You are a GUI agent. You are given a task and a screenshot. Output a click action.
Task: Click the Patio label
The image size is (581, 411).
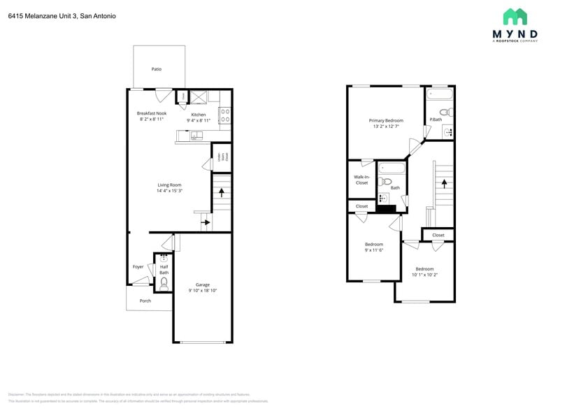[157, 69]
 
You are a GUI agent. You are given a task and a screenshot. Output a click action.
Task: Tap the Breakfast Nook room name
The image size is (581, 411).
[152, 113]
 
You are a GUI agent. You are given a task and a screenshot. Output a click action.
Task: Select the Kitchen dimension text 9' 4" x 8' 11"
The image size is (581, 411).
[199, 120]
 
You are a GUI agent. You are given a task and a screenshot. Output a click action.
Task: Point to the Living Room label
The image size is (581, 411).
[169, 185]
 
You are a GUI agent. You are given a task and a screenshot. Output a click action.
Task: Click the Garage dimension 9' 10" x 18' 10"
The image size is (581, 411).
[203, 290]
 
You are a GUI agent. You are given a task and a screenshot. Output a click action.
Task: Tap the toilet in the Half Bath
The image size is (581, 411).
[164, 283]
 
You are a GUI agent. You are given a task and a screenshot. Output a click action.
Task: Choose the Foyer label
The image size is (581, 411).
[138, 267]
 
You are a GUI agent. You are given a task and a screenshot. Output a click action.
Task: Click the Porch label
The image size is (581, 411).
[145, 301]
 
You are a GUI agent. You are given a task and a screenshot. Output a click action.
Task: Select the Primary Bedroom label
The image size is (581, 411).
[386, 120]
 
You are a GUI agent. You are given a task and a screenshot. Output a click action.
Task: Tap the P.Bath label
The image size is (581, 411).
[436, 120]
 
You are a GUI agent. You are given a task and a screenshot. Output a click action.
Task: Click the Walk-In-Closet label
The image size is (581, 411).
[361, 180]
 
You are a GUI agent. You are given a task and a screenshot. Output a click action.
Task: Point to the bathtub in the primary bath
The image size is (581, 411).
[440, 94]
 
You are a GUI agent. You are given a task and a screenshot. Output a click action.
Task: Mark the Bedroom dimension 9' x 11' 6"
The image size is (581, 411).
[374, 250]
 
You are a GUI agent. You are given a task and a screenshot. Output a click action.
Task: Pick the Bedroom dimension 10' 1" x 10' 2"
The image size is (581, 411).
[424, 275]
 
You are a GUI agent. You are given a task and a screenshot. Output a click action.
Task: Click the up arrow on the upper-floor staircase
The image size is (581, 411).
[443, 180]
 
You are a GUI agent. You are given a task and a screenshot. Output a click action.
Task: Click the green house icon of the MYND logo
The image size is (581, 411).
[515, 17]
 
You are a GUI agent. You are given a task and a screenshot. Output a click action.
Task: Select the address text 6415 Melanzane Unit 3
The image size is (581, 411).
[42, 15]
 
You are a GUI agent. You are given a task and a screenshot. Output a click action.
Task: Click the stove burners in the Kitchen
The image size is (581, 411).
[225, 115]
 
